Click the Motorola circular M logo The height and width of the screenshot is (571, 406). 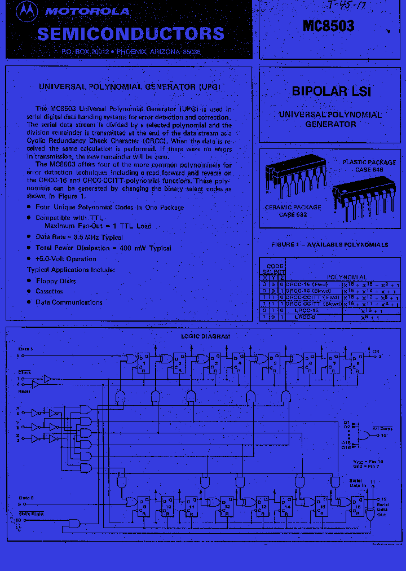click(x=25, y=11)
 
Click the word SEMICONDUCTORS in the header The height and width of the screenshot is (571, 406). click(x=130, y=34)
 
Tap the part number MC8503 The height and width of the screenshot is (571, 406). click(x=328, y=25)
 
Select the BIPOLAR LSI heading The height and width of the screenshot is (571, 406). click(x=331, y=91)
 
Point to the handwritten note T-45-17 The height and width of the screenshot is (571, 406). click(x=346, y=7)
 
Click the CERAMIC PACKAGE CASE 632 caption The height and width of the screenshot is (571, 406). click(x=293, y=210)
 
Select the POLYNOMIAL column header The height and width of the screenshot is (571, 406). click(x=347, y=277)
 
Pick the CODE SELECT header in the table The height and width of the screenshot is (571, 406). click(x=275, y=268)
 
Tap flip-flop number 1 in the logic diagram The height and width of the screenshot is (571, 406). click(x=144, y=363)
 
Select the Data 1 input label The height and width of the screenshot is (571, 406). click(x=25, y=349)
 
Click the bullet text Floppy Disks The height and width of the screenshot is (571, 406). click(x=55, y=281)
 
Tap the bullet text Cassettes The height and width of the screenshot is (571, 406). click(x=49, y=292)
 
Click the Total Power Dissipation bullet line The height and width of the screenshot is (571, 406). click(x=103, y=248)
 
